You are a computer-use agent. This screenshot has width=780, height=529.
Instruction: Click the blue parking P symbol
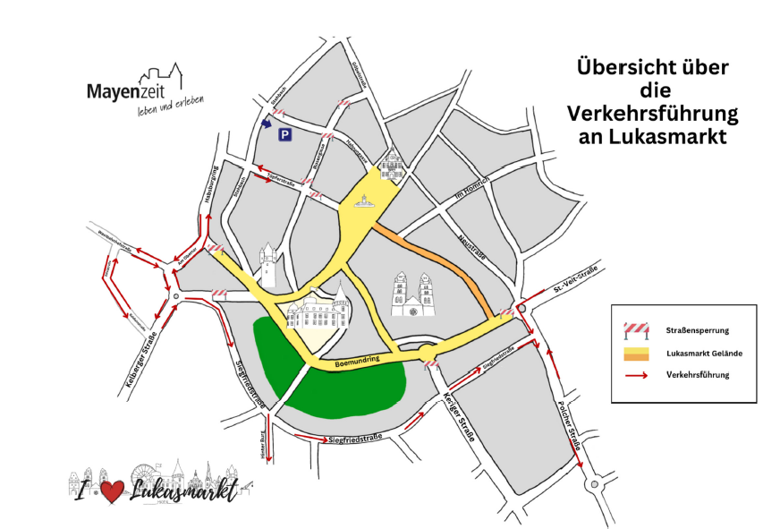pos(284,135)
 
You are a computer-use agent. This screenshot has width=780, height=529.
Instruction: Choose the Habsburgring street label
pos(211,184)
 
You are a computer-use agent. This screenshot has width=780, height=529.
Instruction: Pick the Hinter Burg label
pos(263,446)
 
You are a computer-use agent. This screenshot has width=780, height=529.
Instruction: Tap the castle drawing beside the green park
pos(318,310)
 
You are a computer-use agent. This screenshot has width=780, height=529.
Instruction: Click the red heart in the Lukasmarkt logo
pos(111,491)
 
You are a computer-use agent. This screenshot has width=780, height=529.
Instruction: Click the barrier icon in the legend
pos(636,329)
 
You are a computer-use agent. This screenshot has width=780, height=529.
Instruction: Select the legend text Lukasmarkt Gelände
pos(704,354)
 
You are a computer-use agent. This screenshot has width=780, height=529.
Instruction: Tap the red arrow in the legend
pos(636,375)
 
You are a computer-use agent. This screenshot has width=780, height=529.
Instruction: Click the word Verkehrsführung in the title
pos(652,115)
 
